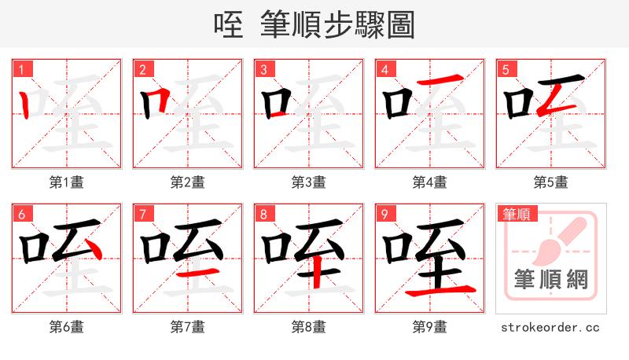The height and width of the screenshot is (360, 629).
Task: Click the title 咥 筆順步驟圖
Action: pyautogui.click(x=314, y=25)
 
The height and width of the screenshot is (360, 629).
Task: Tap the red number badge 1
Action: pyautogui.click(x=22, y=70)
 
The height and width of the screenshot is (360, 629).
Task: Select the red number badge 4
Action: pyautogui.click(x=385, y=70)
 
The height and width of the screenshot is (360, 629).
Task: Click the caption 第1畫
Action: pyautogui.click(x=67, y=182)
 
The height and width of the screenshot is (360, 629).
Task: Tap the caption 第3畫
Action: pyautogui.click(x=309, y=182)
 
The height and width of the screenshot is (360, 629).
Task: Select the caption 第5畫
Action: pyautogui.click(x=551, y=182)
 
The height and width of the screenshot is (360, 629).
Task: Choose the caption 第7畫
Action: pyautogui.click(x=188, y=326)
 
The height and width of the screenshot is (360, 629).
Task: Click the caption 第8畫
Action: pyautogui.click(x=309, y=326)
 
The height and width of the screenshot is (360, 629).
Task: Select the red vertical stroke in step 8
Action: pyautogui.click(x=315, y=275)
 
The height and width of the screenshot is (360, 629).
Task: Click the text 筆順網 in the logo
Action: pyautogui.click(x=551, y=280)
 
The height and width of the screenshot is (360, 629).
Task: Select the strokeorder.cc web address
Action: pyautogui.click(x=551, y=326)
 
